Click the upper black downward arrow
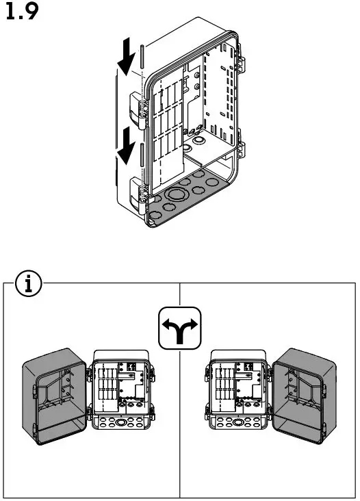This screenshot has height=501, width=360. (x=126, y=60)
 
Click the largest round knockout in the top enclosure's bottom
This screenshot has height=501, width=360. (x=180, y=194)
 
